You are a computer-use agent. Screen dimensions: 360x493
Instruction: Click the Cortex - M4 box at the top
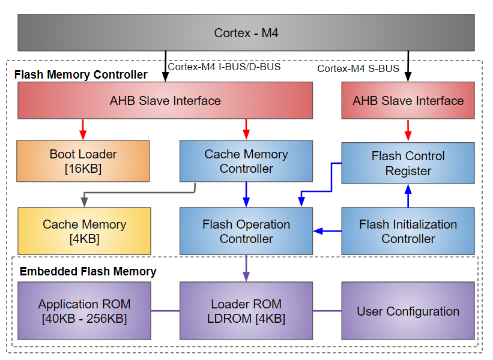pos(246,33)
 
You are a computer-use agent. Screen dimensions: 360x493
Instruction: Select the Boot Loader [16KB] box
pos(83,161)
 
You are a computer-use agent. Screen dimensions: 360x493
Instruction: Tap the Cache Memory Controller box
pos(246,161)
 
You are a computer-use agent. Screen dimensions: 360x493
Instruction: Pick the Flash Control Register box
pos(408,163)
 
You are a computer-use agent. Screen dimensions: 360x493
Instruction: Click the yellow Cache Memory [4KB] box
pos(84,231)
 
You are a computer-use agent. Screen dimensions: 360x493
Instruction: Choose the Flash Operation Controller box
pos(246,231)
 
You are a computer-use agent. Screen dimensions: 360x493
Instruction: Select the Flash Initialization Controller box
pos(408,231)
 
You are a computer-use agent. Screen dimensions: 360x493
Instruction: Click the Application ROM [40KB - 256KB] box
pos(84,311)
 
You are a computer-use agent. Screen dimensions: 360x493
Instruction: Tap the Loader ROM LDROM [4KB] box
pos(246,311)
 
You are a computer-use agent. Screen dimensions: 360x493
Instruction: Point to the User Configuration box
pos(408,311)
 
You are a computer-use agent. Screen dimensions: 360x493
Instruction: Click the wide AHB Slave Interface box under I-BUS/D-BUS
pos(165,100)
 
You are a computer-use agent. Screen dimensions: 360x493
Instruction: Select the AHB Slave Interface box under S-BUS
pos(408,100)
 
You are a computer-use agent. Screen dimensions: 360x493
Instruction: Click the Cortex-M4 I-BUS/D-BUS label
pos(224,67)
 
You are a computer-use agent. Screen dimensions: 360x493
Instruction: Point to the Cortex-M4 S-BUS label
pos(358,68)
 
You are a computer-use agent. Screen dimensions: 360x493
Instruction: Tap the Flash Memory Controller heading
pos(80,75)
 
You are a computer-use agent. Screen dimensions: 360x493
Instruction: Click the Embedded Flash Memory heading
pos(88,271)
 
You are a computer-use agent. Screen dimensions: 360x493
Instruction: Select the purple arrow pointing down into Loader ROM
pos(246,268)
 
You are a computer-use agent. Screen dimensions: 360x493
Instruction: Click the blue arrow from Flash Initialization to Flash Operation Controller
pos(327,231)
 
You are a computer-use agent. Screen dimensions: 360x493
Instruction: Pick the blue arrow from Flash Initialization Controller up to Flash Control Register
pos(408,196)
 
